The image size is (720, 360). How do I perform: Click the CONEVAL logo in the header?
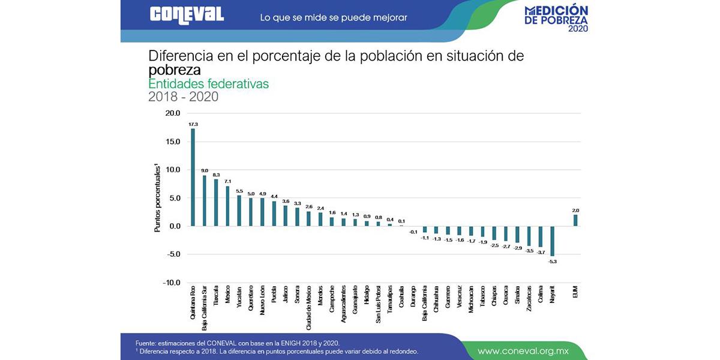tap(187, 15)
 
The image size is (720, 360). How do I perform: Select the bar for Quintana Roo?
tap(193, 177)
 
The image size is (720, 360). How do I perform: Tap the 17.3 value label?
tap(193, 124)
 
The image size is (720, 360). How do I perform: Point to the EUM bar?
tap(575, 220)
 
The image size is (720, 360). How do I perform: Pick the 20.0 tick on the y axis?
tap(173, 113)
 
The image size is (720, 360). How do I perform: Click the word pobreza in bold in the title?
tap(174, 70)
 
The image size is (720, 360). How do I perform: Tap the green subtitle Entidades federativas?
tap(208, 84)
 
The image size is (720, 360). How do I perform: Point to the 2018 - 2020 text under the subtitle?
tap(183, 97)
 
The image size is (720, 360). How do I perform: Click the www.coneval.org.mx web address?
tap(523, 350)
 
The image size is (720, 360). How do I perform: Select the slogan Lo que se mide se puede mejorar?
tap(333, 17)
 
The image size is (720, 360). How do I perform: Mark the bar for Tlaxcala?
tap(216, 202)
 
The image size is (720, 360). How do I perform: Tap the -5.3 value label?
tap(552, 262)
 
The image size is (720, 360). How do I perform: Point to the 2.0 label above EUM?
tap(575, 210)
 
